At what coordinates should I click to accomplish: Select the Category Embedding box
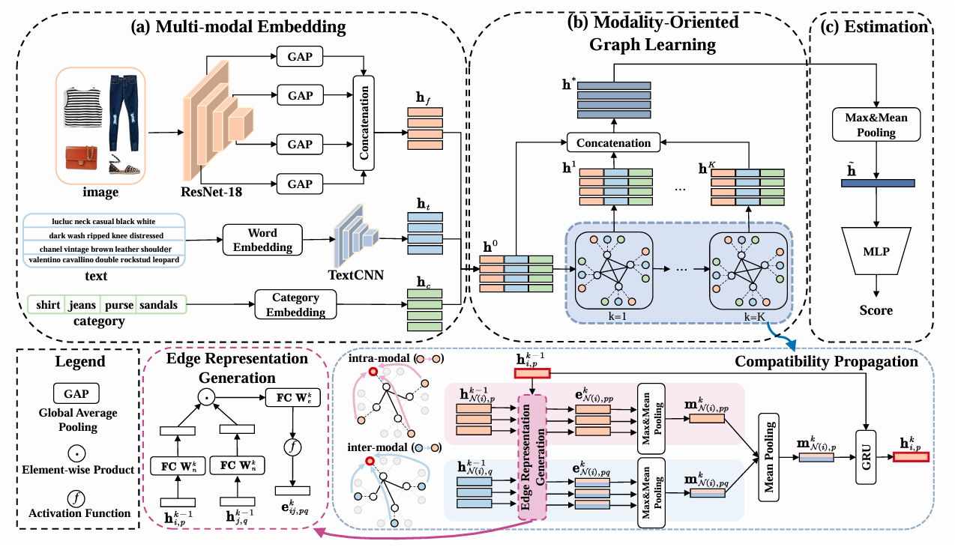pyautogui.click(x=295, y=304)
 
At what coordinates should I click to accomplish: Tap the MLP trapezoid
pyautogui.click(x=876, y=251)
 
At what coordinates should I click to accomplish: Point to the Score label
pyautogui.click(x=876, y=309)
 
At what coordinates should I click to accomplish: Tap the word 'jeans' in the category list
pyautogui.click(x=82, y=306)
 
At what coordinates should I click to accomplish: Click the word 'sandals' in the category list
pyautogui.click(x=160, y=306)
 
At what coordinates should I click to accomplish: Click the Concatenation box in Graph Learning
pyautogui.click(x=614, y=142)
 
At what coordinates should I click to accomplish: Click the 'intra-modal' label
pyautogui.click(x=375, y=359)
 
